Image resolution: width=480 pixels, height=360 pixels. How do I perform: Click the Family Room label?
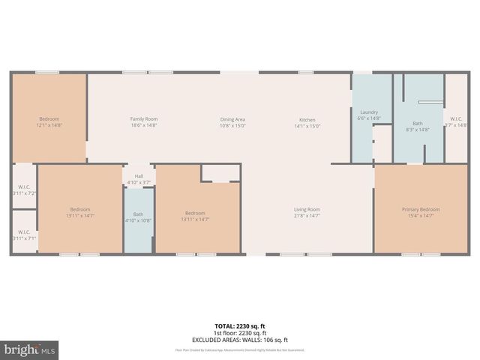[x=143, y=119]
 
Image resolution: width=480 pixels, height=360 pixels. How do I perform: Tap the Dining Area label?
[x=232, y=119]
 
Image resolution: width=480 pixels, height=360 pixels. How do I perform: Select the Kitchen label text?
[x=307, y=119]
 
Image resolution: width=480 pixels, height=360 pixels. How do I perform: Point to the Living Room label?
[x=307, y=209]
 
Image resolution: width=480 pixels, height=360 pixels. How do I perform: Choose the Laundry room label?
[x=369, y=112]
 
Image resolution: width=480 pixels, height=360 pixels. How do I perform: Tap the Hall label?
[x=139, y=176]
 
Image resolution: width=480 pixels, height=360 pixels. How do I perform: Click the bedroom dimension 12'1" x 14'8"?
[x=49, y=125]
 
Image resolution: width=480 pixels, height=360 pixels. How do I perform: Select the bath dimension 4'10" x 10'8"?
[x=139, y=220]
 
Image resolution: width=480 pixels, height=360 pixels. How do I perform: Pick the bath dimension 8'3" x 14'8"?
[x=418, y=130]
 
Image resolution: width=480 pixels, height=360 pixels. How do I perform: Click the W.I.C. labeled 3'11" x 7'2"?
[x=23, y=193]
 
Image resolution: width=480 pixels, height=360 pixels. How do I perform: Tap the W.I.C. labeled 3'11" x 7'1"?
[x=23, y=238]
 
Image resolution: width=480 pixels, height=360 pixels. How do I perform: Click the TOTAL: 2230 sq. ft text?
[x=240, y=326]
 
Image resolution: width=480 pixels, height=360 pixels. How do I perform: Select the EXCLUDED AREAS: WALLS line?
[x=240, y=340]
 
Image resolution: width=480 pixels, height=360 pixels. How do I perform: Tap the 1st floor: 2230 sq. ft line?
[x=240, y=333]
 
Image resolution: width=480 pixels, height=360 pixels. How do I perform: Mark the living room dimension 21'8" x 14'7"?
[x=307, y=215]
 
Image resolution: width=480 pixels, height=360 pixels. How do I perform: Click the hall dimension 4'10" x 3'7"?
[x=139, y=182]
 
